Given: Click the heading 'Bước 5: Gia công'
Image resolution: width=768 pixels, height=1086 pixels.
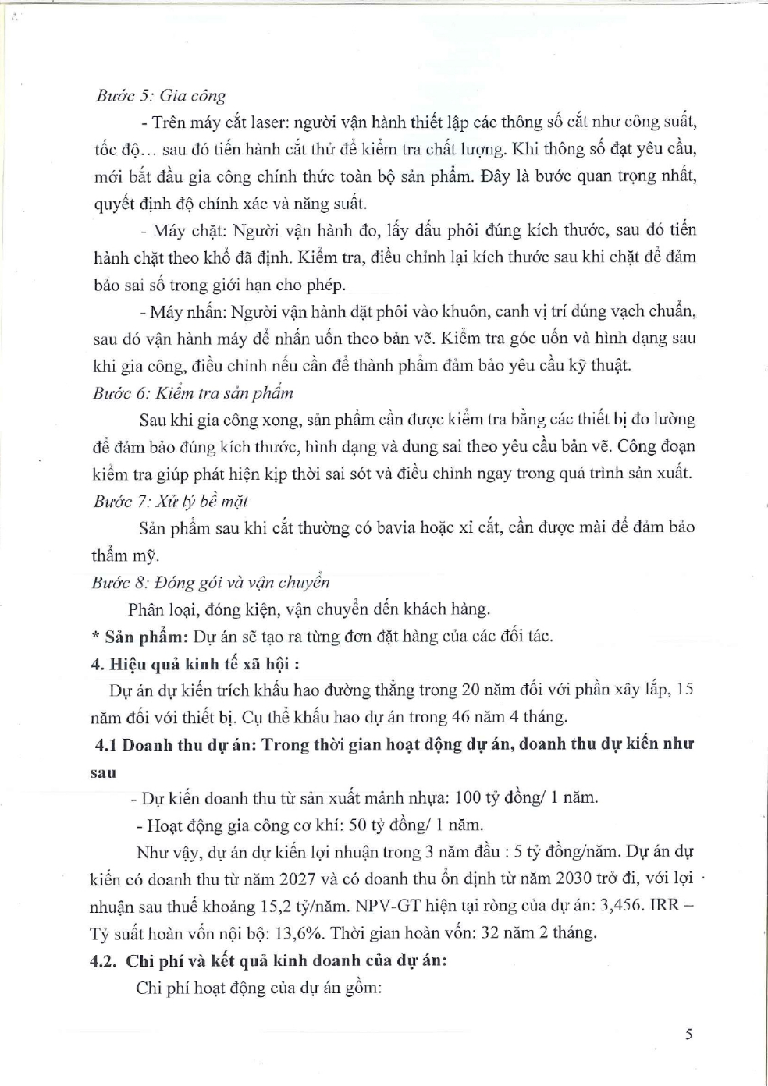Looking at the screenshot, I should pos(161,96).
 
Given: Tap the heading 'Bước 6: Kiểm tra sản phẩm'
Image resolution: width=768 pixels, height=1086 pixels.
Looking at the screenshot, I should pos(193,392).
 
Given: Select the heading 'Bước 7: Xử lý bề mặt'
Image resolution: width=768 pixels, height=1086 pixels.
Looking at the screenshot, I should pos(170,501).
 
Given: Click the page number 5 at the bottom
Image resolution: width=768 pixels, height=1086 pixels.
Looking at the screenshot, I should pos(688,1035).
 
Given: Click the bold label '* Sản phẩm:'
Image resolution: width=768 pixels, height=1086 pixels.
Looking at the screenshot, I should pos(140,637).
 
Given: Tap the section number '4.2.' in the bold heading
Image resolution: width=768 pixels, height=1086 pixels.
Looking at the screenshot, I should pos(105,960).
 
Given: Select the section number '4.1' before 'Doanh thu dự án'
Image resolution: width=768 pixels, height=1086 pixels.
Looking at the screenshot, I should pos(107,744).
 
